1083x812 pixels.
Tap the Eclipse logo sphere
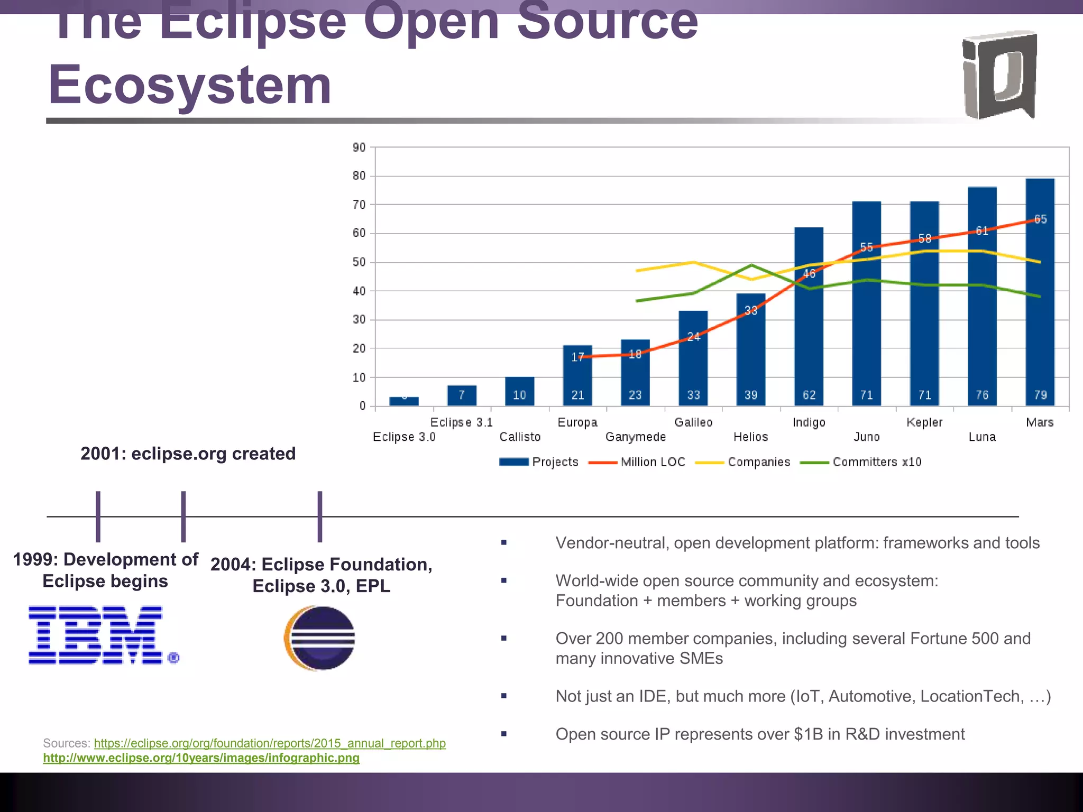coord(320,638)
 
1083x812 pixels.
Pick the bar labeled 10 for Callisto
coord(519,392)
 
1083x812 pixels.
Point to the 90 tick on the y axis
coord(359,147)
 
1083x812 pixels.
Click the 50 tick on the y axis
coord(359,262)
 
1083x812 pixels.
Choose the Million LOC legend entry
coord(637,462)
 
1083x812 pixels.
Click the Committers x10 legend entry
coord(862,462)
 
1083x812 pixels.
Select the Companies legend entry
coord(743,462)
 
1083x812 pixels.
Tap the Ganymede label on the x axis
coord(635,437)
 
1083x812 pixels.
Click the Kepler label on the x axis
coord(924,422)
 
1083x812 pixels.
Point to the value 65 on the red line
coord(1040,219)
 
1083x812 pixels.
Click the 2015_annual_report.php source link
coord(270,743)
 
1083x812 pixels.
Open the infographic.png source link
coord(201,758)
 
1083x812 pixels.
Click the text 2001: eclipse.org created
coord(188,454)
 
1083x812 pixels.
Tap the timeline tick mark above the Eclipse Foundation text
coord(320,516)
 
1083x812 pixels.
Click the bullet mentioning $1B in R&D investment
coord(759,734)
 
